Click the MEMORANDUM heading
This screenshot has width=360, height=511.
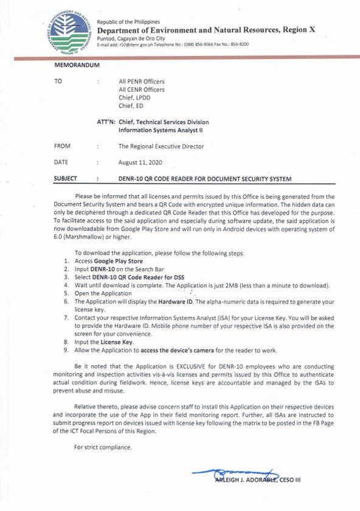pyautogui.click(x=77, y=64)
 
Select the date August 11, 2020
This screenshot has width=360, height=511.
pyautogui.click(x=140, y=162)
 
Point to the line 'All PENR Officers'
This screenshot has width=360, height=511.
pyautogui.click(x=141, y=82)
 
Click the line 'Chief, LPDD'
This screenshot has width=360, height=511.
pyautogui.click(x=134, y=98)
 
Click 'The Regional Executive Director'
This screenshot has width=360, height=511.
pyautogui.click(x=161, y=146)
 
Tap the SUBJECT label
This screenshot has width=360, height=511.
pyautogui.click(x=66, y=179)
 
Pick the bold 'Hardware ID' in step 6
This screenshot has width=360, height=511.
pyautogui.click(x=176, y=302)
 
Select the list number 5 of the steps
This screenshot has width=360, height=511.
pyautogui.click(x=66, y=294)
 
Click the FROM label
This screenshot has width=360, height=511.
pyautogui.click(x=63, y=146)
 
